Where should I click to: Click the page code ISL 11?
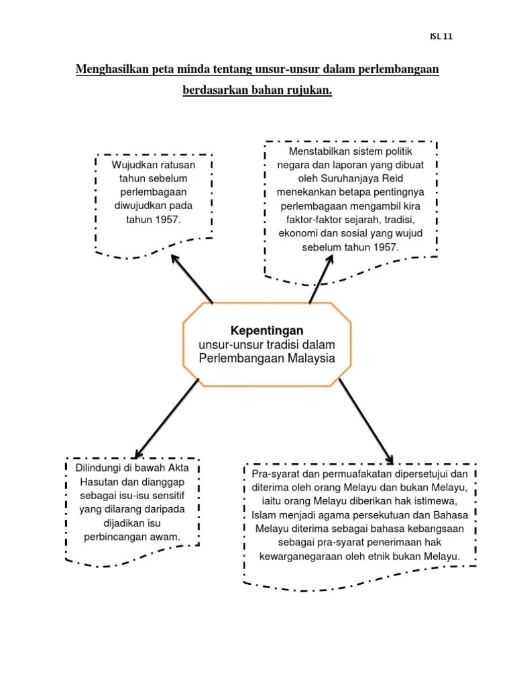441,36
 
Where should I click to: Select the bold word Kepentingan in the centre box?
267,330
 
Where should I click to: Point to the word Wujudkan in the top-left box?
132,165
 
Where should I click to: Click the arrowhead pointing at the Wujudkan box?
175,259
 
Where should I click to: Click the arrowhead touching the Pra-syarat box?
389,458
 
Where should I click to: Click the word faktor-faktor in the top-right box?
312,220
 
